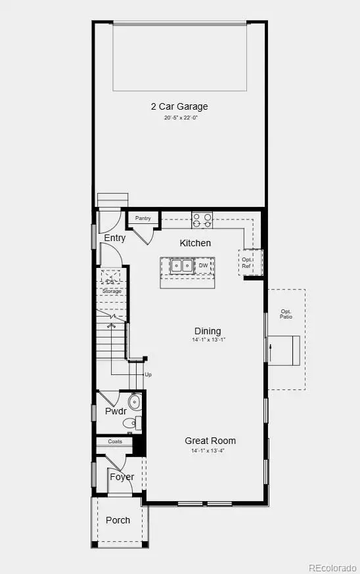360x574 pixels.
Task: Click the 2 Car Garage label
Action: pyautogui.click(x=179, y=106)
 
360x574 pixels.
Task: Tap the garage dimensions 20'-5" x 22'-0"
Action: pyautogui.click(x=181, y=118)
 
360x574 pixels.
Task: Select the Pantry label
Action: pyautogui.click(x=143, y=218)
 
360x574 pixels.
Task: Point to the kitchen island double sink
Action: pyautogui.click(x=181, y=266)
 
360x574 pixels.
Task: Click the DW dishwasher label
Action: pyautogui.click(x=204, y=266)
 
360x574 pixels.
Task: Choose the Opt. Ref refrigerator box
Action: pyautogui.click(x=247, y=263)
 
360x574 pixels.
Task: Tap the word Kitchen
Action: pyautogui.click(x=196, y=243)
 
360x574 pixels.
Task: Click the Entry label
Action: pyautogui.click(x=115, y=238)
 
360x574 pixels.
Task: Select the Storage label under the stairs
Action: pyautogui.click(x=112, y=291)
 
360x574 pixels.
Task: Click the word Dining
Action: pyautogui.click(x=208, y=331)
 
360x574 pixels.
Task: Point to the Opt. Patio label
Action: pyautogui.click(x=286, y=314)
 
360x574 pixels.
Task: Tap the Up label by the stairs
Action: pyautogui.click(x=148, y=374)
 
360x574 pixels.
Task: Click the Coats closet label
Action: pyautogui.click(x=116, y=442)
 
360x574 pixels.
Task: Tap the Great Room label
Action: pyautogui.click(x=210, y=441)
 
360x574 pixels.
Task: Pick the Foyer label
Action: pyautogui.click(x=122, y=477)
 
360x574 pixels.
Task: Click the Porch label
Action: pyautogui.click(x=118, y=520)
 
